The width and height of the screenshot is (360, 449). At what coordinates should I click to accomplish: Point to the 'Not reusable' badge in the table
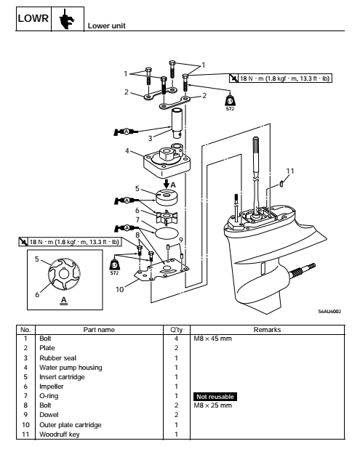click(x=214, y=397)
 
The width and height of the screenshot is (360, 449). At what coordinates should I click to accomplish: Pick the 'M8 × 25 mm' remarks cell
click(x=211, y=405)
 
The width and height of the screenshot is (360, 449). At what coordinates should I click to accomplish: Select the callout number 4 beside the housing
click(x=127, y=151)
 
